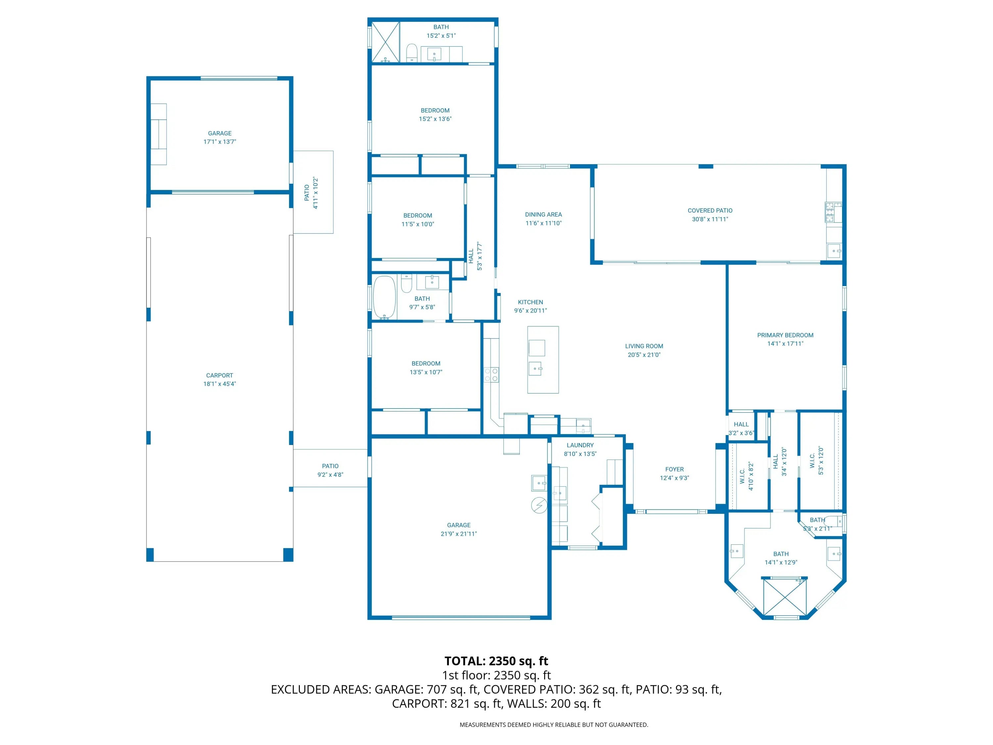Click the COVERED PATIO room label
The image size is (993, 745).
(x=710, y=211)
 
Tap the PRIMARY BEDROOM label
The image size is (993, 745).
(x=785, y=335)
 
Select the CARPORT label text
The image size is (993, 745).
(x=219, y=375)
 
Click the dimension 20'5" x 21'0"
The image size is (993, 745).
(x=644, y=355)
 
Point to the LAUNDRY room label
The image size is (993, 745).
(x=580, y=445)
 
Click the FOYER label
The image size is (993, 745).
(x=674, y=469)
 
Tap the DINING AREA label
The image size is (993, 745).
(x=543, y=215)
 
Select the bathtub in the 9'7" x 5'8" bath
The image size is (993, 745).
(x=384, y=297)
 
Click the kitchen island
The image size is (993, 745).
(x=543, y=360)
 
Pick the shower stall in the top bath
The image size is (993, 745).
(x=385, y=42)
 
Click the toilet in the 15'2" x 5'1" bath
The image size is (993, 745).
(x=412, y=53)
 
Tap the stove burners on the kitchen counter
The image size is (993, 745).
(x=492, y=374)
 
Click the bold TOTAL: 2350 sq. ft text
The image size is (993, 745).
(x=496, y=661)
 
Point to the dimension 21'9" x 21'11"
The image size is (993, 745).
(x=458, y=534)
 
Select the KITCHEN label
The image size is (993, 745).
(x=530, y=302)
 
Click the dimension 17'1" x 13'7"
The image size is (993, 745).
(x=219, y=142)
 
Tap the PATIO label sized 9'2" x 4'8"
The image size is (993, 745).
(x=330, y=466)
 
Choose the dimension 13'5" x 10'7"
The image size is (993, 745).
(x=426, y=372)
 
